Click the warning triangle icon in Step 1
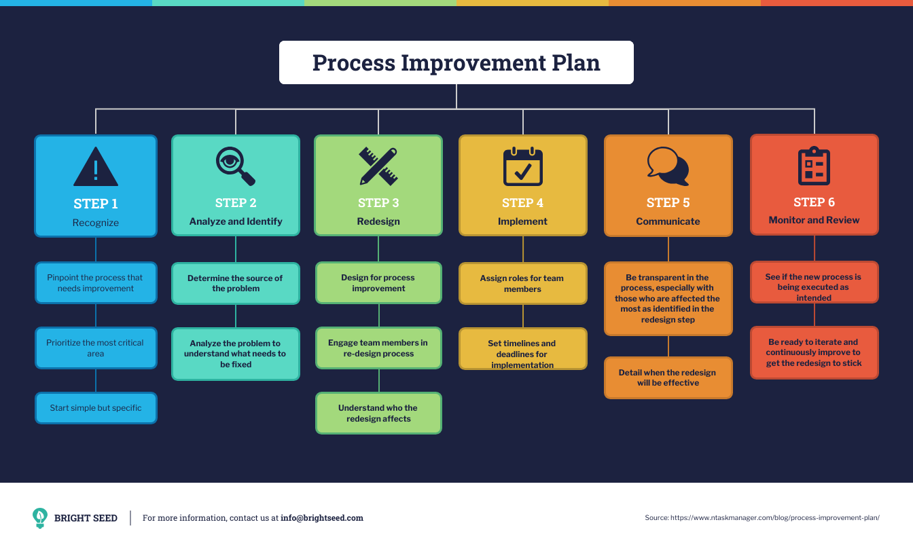pos(96,167)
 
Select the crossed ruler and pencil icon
pos(378,166)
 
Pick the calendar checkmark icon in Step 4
pos(522,167)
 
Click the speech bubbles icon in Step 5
pos(668,166)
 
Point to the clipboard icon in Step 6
pos(814,166)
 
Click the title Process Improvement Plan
pos(456,62)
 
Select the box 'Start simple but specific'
pos(96,408)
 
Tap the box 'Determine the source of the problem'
pos(235,283)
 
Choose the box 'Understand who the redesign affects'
pos(378,413)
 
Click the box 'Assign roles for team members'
pos(522,284)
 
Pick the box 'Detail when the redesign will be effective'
pos(668,377)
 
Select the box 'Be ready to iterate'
pos(814,352)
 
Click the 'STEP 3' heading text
pos(378,203)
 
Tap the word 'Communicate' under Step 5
pos(668,221)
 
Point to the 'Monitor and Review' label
pos(814,220)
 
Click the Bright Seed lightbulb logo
pos(40,518)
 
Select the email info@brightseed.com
pos(322,518)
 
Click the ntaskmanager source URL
pos(774,518)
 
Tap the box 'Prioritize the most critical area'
pos(96,348)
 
